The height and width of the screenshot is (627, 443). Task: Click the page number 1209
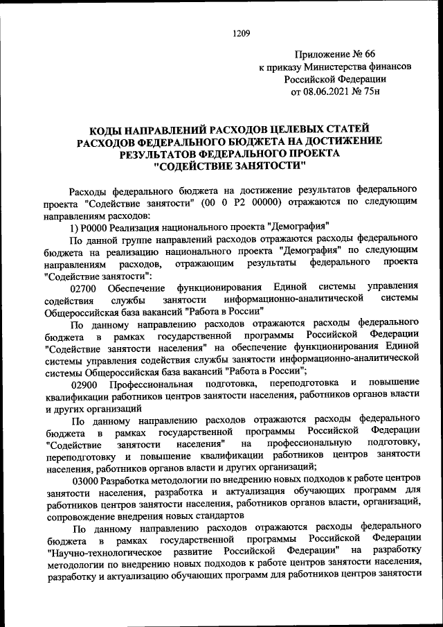pyautogui.click(x=241, y=33)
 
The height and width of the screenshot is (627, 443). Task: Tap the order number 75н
pyautogui.click(x=376, y=91)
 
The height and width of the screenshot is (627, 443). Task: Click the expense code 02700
pyautogui.click(x=85, y=287)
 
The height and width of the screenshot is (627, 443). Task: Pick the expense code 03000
pyautogui.click(x=85, y=480)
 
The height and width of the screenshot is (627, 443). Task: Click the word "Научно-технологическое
pyautogui.click(x=105, y=552)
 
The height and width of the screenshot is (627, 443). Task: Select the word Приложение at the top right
pyautogui.click(x=320, y=54)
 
